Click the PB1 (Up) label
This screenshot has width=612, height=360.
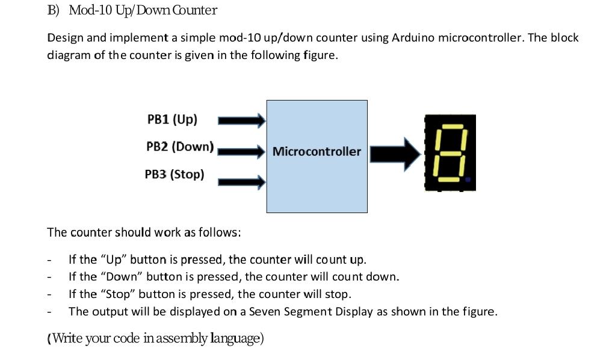pos(172,119)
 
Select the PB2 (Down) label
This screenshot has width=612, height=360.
pos(180,146)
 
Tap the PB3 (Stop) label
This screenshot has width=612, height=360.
pos(174,175)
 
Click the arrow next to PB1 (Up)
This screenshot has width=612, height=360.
pos(241,121)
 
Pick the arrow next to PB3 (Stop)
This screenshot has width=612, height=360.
pos(241,181)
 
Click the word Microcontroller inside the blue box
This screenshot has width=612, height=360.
pos(317,151)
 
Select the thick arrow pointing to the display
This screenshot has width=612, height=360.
pos(395,154)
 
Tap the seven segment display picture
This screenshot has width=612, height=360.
pos(450,153)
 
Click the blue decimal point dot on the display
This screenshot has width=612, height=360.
pos(468,179)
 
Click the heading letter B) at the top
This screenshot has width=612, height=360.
pos(53,10)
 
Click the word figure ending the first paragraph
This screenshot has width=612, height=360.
pos(319,55)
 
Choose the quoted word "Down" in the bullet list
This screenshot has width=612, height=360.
pos(119,277)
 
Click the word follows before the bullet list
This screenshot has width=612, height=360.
pos(220,232)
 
